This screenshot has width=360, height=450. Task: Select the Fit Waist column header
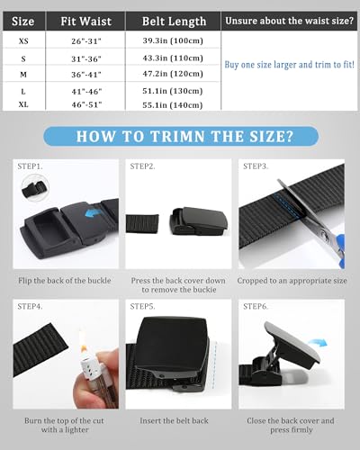pyautogui.click(x=87, y=19)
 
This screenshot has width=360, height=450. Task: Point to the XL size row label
pyautogui.click(x=22, y=106)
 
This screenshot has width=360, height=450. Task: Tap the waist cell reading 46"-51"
pyautogui.click(x=86, y=106)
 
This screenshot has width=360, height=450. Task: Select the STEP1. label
pyautogui.click(x=33, y=166)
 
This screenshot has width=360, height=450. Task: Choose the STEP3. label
pyautogui.click(x=255, y=166)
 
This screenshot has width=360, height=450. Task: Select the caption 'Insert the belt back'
pyautogui.click(x=176, y=426)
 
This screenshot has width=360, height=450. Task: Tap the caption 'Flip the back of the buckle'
pyautogui.click(x=66, y=281)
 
